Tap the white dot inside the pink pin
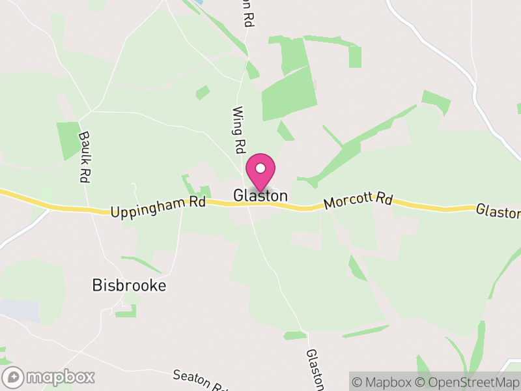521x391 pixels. (260, 168)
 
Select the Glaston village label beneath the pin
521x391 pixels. (260, 195)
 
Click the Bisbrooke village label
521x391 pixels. (129, 285)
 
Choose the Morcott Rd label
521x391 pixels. (358, 200)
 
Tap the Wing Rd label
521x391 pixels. (238, 130)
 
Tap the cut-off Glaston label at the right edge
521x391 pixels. (498, 212)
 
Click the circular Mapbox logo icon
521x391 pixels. (14, 377)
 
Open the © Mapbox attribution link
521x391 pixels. (384, 383)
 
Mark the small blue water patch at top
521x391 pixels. (199, 3)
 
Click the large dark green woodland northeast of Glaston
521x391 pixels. (289, 94)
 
